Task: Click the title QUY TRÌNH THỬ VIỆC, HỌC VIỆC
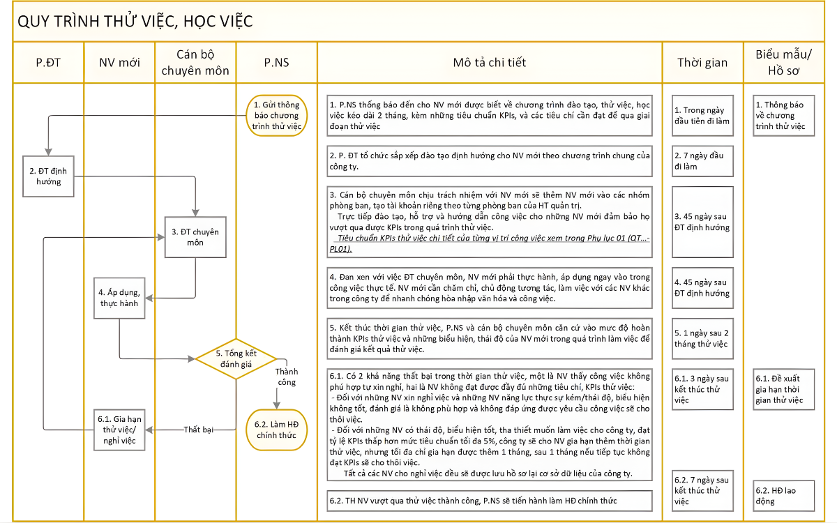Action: (x=135, y=22)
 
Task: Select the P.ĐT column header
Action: (x=48, y=63)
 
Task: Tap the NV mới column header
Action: (x=119, y=63)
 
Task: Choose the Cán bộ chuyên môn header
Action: (x=195, y=63)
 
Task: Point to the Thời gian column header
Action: (x=702, y=63)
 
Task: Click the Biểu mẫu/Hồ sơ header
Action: (x=784, y=63)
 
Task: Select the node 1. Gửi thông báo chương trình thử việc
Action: (x=277, y=115)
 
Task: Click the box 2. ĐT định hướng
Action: (x=49, y=176)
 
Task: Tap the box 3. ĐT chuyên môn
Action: (x=195, y=236)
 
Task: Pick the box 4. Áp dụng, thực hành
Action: (x=119, y=298)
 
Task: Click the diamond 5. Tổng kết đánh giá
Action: (x=236, y=358)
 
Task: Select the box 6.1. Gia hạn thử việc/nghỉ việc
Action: (x=119, y=430)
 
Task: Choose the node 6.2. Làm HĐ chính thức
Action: (x=277, y=430)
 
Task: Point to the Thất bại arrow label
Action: (x=199, y=430)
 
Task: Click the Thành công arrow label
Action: (x=285, y=377)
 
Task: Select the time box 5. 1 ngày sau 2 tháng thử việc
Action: (x=703, y=338)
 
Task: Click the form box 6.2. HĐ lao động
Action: (x=784, y=495)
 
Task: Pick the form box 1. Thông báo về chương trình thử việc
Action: (x=784, y=116)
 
